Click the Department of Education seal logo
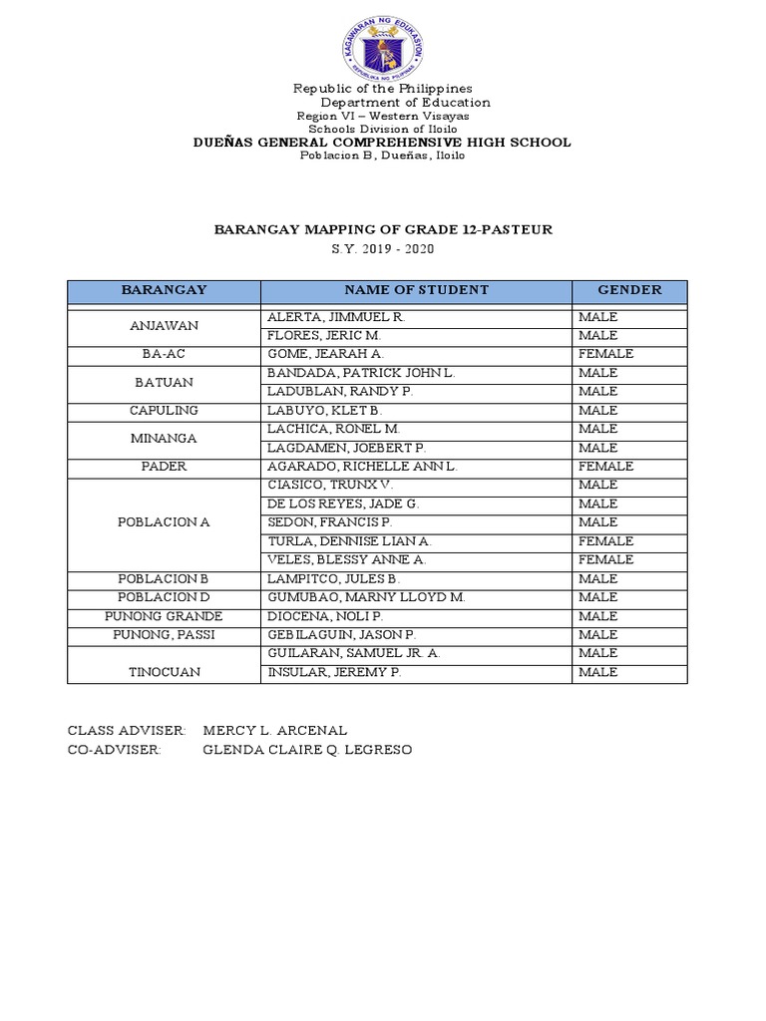point(382,47)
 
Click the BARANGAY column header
point(164,290)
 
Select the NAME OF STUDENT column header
point(416,290)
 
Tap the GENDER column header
point(629,290)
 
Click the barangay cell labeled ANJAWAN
point(164,326)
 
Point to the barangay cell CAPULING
point(164,410)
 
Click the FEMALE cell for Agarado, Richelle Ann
point(605,466)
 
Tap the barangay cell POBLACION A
point(164,522)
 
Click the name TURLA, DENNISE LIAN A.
point(348,540)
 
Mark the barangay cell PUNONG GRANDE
point(164,616)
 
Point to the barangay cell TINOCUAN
point(164,672)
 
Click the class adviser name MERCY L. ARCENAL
point(274,731)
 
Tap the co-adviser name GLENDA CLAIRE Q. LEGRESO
point(306,750)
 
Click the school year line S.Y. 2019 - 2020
point(383,249)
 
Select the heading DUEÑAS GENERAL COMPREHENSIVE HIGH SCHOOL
point(382,143)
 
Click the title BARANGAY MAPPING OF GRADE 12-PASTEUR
point(383,229)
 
